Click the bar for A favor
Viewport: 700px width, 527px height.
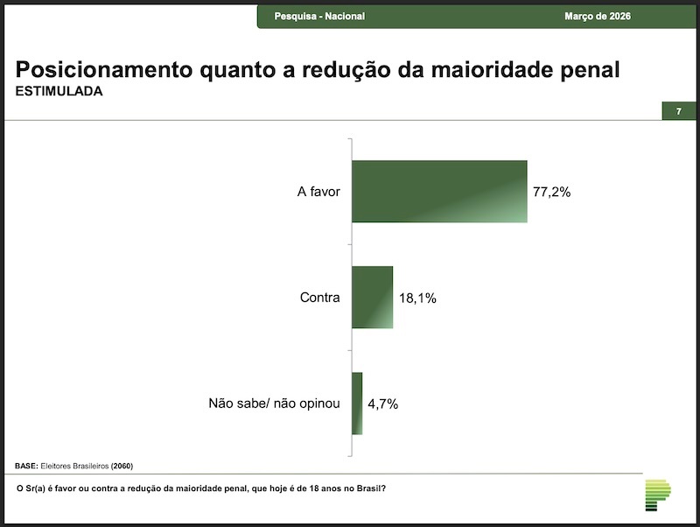point(439,191)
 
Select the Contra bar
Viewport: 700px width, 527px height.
point(372,298)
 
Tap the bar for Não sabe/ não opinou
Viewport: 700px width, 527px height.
point(357,404)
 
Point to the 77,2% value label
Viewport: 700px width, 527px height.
point(551,192)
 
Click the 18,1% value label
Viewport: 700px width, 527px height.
point(417,299)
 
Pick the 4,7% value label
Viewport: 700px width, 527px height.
point(382,404)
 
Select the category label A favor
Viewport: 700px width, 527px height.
point(318,192)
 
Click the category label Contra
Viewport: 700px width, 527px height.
point(319,298)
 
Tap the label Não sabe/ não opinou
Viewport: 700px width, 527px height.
point(273,404)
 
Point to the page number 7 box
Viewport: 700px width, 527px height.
point(678,111)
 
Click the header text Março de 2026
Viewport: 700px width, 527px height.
point(598,17)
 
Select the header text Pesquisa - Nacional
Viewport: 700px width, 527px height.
point(319,17)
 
